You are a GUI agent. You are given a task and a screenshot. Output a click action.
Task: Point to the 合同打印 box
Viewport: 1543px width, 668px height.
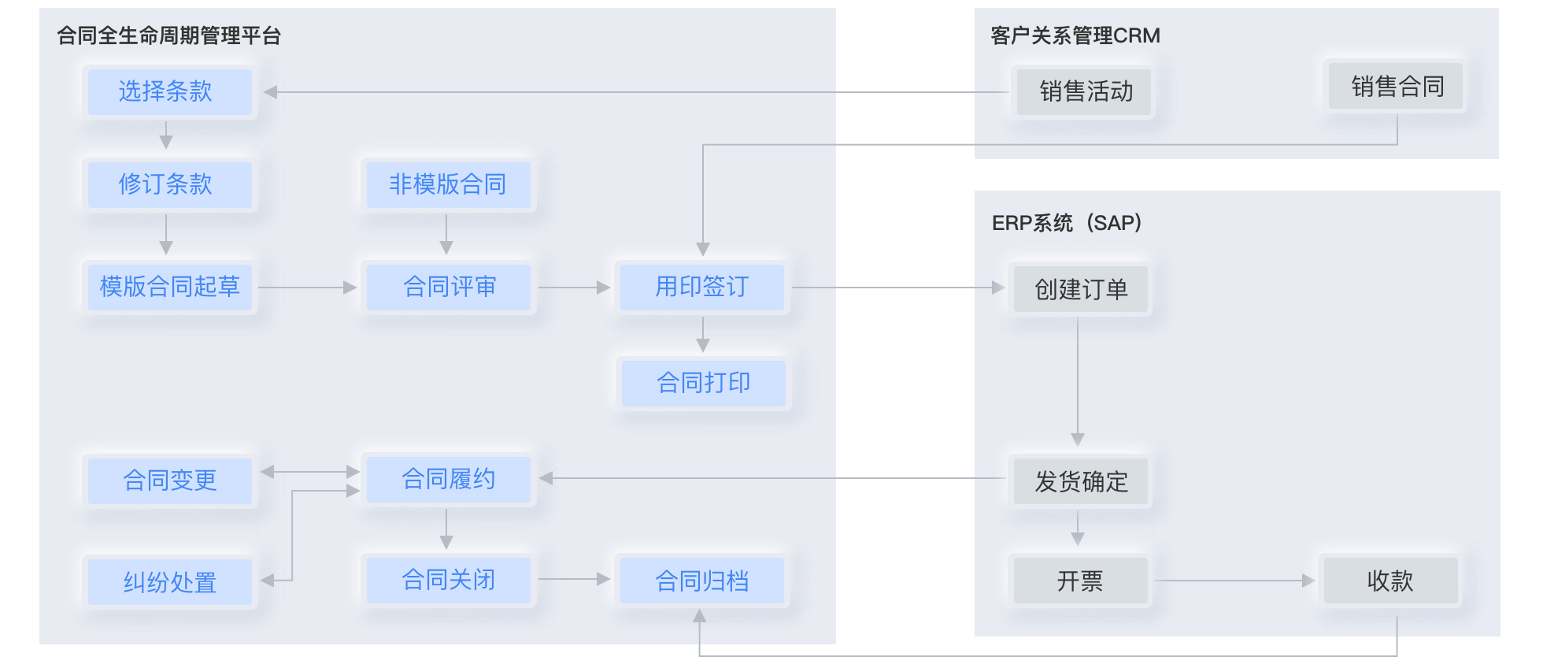tap(704, 384)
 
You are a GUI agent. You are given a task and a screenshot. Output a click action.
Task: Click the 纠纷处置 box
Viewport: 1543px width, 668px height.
tap(170, 582)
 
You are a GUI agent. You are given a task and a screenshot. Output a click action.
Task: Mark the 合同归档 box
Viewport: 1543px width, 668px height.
tap(702, 581)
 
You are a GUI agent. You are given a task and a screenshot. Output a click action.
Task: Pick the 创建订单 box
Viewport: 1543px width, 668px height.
tap(1081, 289)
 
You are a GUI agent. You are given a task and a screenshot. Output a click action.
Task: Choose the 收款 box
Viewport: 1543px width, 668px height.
tap(1391, 581)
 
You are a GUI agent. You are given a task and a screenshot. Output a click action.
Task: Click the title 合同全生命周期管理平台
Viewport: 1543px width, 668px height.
tap(169, 35)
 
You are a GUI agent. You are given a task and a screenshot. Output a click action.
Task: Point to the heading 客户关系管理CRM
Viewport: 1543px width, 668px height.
tap(1075, 35)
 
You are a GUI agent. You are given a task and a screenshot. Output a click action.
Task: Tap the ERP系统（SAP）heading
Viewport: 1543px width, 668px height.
tap(1067, 223)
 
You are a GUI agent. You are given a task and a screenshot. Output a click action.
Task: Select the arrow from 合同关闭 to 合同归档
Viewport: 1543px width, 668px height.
tap(575, 580)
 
